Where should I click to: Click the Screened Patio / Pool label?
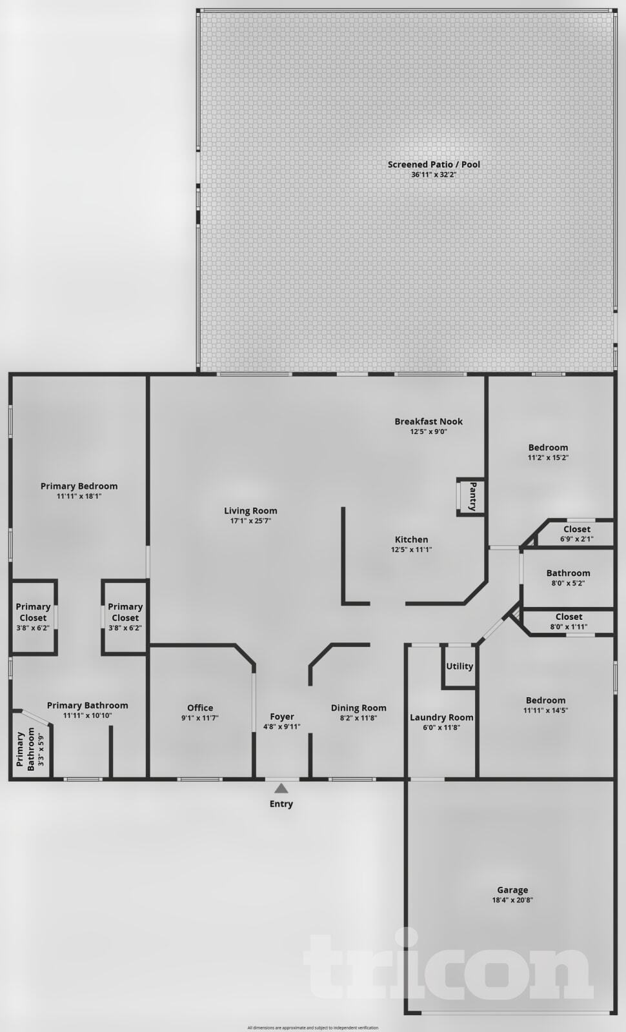434,164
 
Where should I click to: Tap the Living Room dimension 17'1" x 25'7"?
250,521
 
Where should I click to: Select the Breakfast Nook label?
429,421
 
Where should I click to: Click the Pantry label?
473,496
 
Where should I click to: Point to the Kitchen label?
411,539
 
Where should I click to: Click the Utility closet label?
459,666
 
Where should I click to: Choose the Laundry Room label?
441,717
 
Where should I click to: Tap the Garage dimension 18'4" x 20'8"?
512,900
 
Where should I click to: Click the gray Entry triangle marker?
281,788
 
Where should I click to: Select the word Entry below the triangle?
281,804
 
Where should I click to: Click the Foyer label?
282,716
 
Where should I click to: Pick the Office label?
200,708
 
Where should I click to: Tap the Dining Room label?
358,708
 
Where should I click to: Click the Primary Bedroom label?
79,486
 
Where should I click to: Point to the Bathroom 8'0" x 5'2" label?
568,573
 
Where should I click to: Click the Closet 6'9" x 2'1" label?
576,529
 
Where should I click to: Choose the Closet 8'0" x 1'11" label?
569,617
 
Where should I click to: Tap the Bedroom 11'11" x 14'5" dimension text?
545,711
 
